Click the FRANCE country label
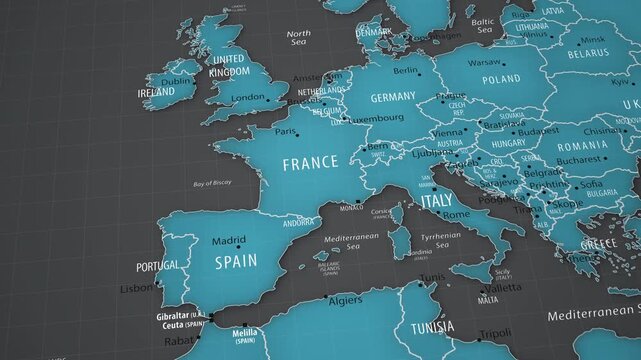click(310, 163)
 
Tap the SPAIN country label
click(236, 261)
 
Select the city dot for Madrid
click(229, 250)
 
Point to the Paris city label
click(286, 131)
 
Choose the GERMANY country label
click(392, 98)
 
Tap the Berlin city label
click(406, 71)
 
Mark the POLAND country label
click(501, 79)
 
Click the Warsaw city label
click(484, 62)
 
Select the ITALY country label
click(436, 201)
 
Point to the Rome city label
click(456, 215)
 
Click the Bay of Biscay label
click(212, 184)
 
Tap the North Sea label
click(298, 38)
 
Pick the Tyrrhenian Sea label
click(441, 241)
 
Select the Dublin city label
click(176, 81)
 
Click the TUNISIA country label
click(432, 327)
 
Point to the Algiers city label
click(345, 300)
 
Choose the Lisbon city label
click(137, 288)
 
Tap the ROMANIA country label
click(583, 145)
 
